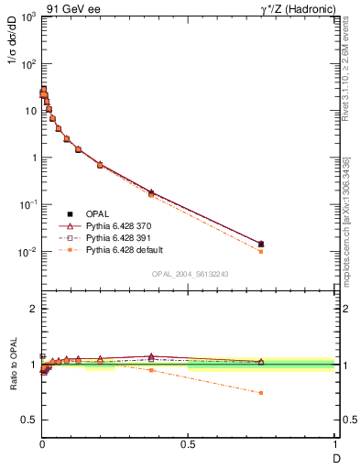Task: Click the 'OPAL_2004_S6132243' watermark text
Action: (189, 273)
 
